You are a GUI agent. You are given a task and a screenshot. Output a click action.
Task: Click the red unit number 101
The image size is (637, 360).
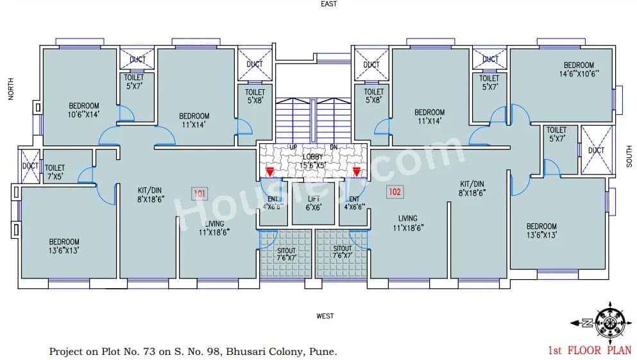pyautogui.click(x=199, y=192)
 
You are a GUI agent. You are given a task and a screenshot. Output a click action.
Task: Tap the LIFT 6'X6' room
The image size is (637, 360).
pyautogui.click(x=313, y=203)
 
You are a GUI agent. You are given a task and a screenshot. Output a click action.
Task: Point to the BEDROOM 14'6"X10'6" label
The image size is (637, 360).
pyautogui.click(x=579, y=69)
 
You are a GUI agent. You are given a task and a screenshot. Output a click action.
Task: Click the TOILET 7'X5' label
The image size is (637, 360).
pyautogui.click(x=55, y=172)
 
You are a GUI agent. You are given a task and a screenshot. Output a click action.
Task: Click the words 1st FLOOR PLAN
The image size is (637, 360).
pyautogui.click(x=589, y=350)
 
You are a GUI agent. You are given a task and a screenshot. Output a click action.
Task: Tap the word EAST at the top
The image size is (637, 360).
pyautogui.click(x=330, y=4)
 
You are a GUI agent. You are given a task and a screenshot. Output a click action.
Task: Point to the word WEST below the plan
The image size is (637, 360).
pyautogui.click(x=325, y=316)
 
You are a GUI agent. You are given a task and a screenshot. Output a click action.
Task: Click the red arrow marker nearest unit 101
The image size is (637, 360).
pyautogui.click(x=270, y=171)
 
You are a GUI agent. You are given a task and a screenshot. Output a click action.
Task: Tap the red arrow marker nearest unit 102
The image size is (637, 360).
pyautogui.click(x=356, y=171)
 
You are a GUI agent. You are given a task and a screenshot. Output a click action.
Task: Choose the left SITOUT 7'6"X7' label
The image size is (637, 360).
pyautogui.click(x=287, y=252)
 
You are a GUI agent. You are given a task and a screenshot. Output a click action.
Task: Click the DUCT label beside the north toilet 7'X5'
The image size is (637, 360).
pyautogui.click(x=30, y=166)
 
